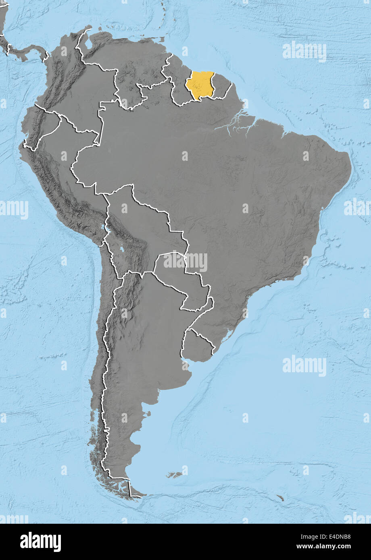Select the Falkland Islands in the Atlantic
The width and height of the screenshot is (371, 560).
click(175, 475)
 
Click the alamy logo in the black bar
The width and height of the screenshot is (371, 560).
click(40, 542)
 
